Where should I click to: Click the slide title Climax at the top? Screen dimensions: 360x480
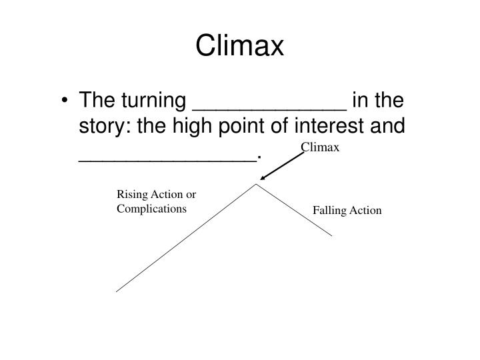[x=240, y=46]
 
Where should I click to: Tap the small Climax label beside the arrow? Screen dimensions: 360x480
[x=320, y=147]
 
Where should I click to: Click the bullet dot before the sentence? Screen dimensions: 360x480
[x=67, y=101]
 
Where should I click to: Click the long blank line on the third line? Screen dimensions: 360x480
[x=166, y=159]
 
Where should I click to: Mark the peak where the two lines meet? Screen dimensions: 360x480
[x=257, y=185]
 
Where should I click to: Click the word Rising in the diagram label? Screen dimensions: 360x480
[x=131, y=195]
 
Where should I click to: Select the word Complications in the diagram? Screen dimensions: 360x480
[x=152, y=209]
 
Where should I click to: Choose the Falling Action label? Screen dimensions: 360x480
[x=347, y=211]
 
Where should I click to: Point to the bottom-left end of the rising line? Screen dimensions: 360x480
[x=117, y=291]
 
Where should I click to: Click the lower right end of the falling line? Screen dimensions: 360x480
[x=331, y=235]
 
